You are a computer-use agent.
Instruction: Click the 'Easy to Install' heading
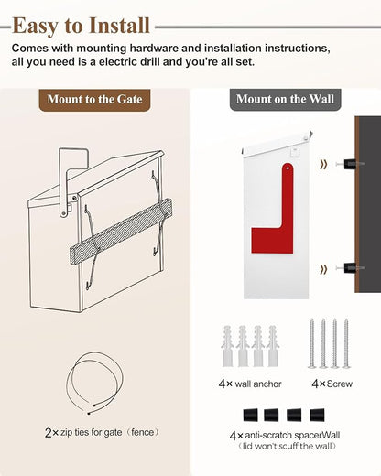(82, 26)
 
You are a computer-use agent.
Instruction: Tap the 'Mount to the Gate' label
(94, 100)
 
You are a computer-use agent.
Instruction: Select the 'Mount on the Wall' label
(285, 99)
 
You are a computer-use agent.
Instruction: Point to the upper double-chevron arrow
(323, 165)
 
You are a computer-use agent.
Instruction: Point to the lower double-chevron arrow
(323, 269)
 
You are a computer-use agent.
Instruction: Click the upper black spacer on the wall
(350, 164)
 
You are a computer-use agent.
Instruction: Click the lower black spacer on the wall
(350, 268)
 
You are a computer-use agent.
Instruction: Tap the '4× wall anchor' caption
(250, 384)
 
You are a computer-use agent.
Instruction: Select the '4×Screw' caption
(332, 384)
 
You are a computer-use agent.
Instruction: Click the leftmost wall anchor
(228, 346)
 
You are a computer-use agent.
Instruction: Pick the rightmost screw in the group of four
(346, 343)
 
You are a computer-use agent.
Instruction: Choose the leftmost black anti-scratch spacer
(250, 416)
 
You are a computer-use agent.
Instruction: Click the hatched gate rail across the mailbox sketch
(121, 232)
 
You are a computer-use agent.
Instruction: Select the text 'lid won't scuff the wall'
(287, 447)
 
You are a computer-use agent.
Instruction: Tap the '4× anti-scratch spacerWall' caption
(285, 436)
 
